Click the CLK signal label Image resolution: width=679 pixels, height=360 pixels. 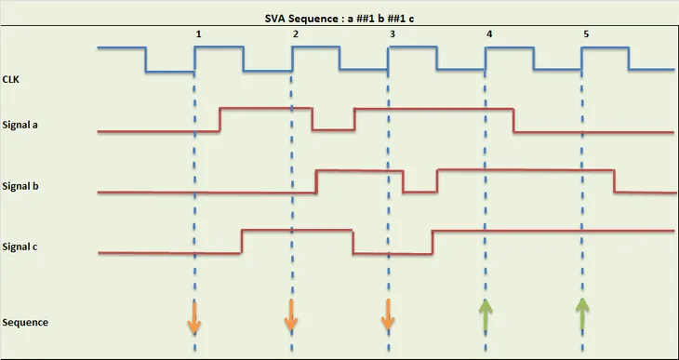[13, 80]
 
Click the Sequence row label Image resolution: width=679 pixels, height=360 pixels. [25, 322]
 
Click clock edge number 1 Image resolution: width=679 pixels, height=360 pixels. [198, 34]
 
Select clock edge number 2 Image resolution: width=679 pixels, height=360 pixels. [295, 34]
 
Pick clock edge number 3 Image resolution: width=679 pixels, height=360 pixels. [392, 34]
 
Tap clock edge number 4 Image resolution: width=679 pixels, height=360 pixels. [488, 34]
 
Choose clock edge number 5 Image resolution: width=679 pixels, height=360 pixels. [585, 34]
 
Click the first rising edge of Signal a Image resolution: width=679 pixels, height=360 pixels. [220, 120]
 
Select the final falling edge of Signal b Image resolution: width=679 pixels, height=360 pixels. [614, 180]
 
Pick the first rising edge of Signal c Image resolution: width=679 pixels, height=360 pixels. [242, 240]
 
